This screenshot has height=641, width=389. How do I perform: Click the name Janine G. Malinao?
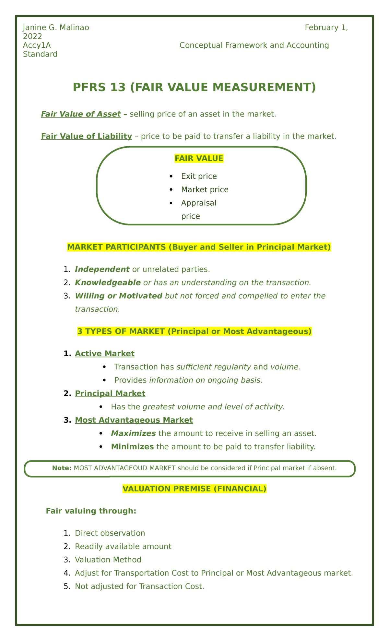pyautogui.click(x=56, y=28)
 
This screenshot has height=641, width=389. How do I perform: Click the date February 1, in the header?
pyautogui.click(x=326, y=28)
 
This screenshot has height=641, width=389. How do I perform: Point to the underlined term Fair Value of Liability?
pyautogui.click(x=86, y=136)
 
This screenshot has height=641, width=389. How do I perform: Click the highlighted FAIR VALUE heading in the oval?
pyautogui.click(x=199, y=158)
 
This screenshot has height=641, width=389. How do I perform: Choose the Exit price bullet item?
pyautogui.click(x=199, y=176)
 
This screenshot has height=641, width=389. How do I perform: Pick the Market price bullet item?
pyautogui.click(x=205, y=189)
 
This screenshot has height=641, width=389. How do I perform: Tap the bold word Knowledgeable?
pyautogui.click(x=108, y=283)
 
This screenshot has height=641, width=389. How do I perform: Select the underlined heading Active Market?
pyautogui.click(x=104, y=354)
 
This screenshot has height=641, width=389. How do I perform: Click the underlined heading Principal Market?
pyautogui.click(x=110, y=393)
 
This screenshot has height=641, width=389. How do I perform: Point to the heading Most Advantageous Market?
pyautogui.click(x=134, y=420)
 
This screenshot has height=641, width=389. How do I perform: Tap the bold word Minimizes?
pyautogui.click(x=132, y=447)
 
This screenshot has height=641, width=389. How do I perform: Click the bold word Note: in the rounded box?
pyautogui.click(x=62, y=468)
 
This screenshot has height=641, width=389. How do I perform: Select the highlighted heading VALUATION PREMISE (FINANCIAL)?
pyautogui.click(x=194, y=489)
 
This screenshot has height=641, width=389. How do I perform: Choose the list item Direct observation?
pyautogui.click(x=110, y=533)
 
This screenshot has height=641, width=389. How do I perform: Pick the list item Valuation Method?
pyautogui.click(x=108, y=560)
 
